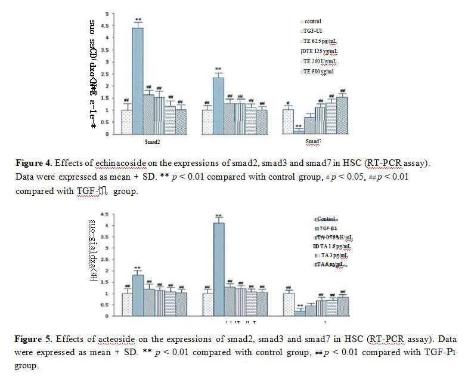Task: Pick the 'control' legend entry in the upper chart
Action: (x=311, y=21)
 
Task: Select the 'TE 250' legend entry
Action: (x=320, y=61)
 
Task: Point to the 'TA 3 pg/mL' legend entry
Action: (x=333, y=255)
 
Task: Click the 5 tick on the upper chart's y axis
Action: (x=107, y=13)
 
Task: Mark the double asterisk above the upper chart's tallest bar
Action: (x=137, y=19)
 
